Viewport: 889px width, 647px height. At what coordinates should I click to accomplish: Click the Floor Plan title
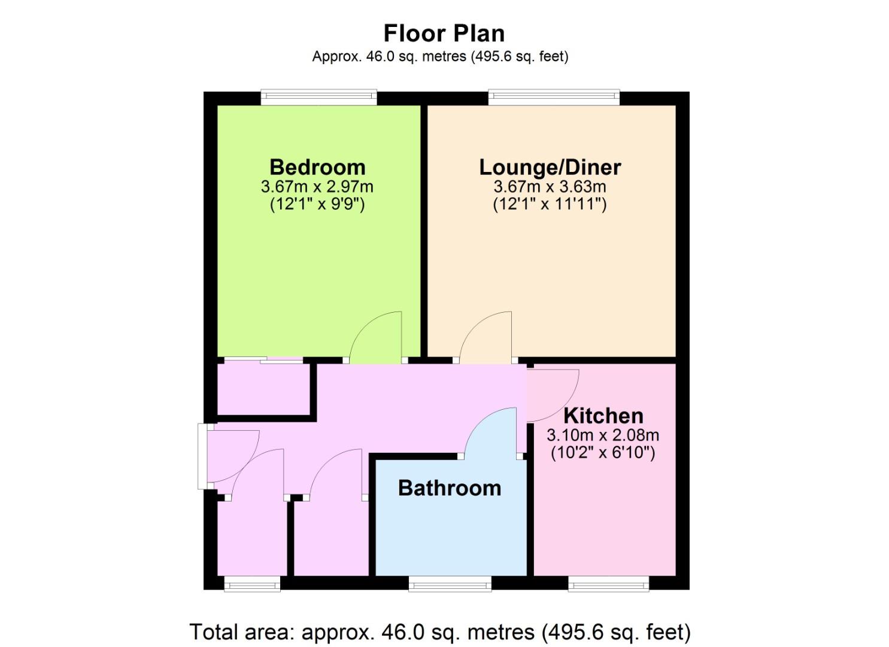444,34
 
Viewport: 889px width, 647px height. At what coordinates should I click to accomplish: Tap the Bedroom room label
317,167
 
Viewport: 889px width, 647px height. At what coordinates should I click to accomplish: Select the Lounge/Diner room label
550,168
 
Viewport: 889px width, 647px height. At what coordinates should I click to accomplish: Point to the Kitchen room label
603,416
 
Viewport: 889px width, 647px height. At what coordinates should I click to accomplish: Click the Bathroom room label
450,488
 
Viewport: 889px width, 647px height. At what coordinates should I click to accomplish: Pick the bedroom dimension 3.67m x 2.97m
317,187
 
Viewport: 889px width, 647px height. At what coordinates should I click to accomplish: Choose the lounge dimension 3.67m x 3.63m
550,187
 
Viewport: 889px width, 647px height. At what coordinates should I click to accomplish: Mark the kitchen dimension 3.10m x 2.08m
603,436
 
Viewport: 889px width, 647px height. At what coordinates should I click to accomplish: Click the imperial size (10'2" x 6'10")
603,453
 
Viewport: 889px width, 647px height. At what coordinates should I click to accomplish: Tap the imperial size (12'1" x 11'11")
550,204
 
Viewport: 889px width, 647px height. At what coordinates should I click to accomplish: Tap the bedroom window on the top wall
318,96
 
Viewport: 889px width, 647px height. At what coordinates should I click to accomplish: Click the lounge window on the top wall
554,96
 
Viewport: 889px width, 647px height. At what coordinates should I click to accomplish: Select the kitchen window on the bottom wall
608,583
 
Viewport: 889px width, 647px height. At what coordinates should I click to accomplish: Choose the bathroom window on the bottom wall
450,583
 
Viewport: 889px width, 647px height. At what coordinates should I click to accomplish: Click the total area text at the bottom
440,632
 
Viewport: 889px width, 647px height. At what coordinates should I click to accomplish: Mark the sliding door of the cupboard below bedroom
263,360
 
